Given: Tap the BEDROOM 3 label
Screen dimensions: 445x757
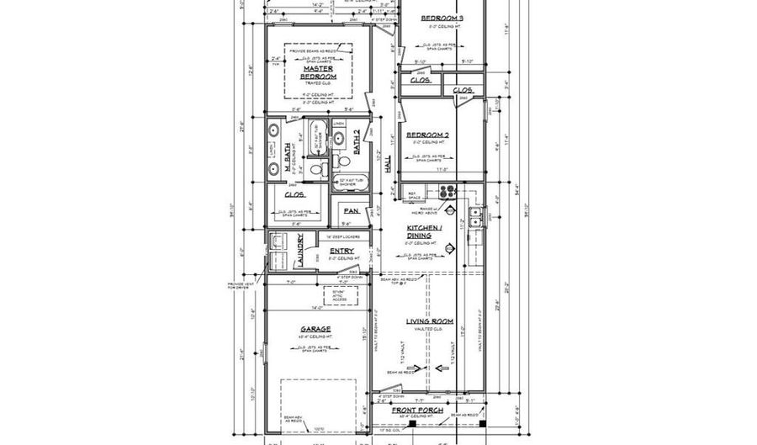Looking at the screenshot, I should pos(442,18).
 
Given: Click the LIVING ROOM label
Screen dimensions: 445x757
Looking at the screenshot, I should pos(430,321).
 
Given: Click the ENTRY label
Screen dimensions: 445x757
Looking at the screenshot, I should pos(341,251).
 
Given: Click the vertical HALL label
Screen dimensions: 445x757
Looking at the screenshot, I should pos(388,167).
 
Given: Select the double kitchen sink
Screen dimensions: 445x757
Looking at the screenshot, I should pos(477,220).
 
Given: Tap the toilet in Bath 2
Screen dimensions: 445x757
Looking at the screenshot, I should pos(336,161).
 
